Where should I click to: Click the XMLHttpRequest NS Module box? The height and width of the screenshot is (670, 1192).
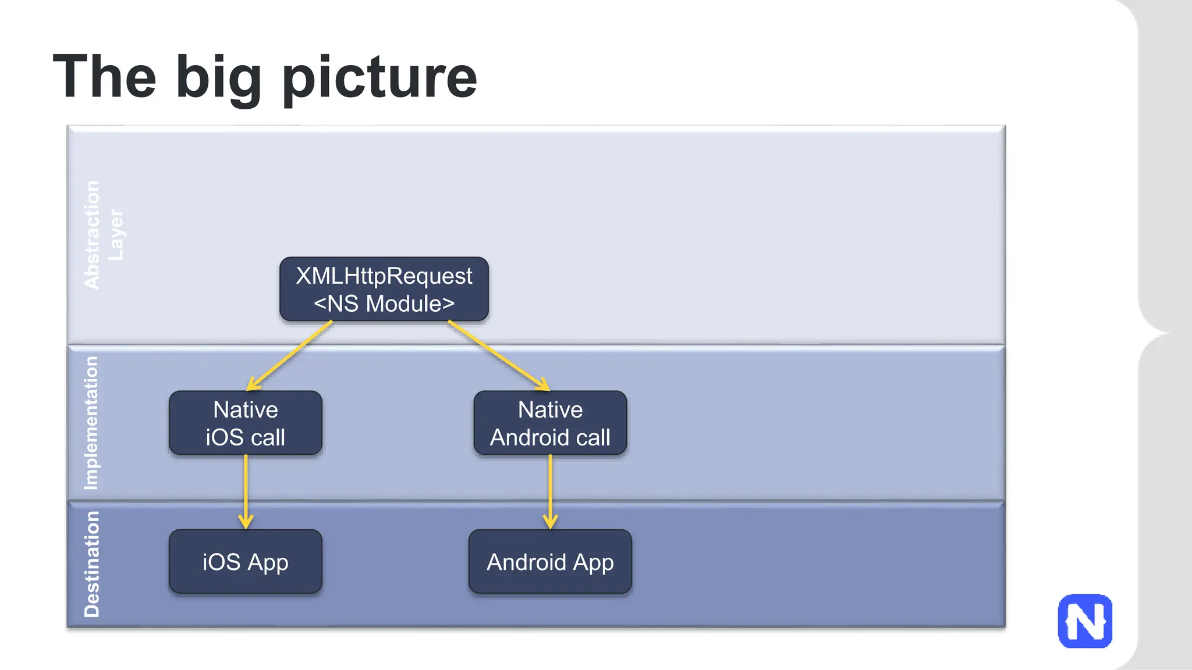tap(384, 289)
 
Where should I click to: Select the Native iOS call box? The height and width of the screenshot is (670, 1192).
tap(245, 423)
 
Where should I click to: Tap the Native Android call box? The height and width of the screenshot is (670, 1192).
tap(550, 423)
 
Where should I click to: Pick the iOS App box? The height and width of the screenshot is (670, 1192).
tap(245, 561)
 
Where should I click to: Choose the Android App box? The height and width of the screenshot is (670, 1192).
tap(550, 561)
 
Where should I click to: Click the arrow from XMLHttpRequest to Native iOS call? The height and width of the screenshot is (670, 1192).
tap(289, 355)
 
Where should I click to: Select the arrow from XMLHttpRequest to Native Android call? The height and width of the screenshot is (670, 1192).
tap(498, 355)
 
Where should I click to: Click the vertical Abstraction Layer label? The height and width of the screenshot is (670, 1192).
tap(103, 235)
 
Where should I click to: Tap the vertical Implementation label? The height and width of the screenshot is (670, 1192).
tap(91, 423)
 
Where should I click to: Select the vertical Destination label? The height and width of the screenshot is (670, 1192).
tap(92, 564)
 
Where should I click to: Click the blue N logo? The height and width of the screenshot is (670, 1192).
tap(1085, 621)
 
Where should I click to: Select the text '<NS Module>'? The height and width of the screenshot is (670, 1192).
tap(384, 304)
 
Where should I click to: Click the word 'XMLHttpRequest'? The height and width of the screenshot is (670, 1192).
tap(384, 276)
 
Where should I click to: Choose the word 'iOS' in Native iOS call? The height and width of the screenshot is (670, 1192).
tap(225, 437)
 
